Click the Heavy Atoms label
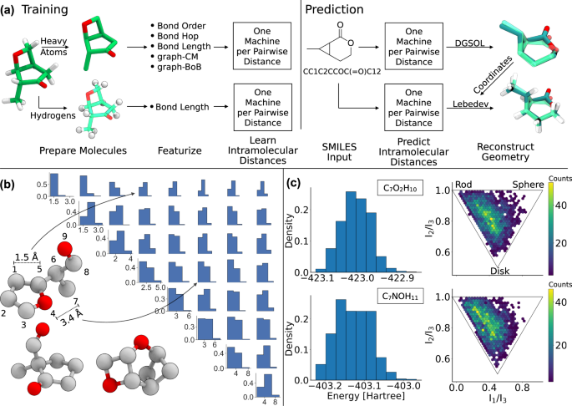[45, 52]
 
